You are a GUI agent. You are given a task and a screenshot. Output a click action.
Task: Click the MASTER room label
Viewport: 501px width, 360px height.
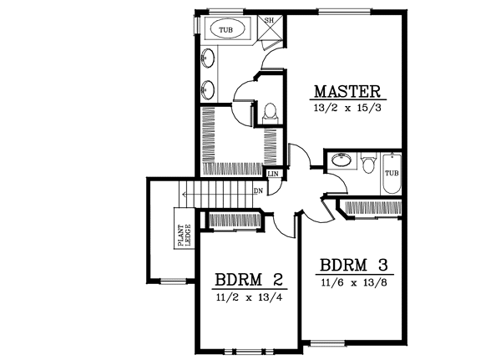pyautogui.click(x=347, y=91)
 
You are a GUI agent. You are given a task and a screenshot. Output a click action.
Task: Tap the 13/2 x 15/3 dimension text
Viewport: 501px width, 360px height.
pyautogui.click(x=347, y=109)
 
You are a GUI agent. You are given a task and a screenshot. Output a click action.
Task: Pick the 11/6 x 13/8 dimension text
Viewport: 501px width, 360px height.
pyautogui.click(x=355, y=284)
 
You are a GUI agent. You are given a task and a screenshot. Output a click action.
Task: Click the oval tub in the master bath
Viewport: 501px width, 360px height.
pyautogui.click(x=226, y=30)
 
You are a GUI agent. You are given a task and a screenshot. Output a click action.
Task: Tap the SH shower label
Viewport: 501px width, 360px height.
pyautogui.click(x=270, y=21)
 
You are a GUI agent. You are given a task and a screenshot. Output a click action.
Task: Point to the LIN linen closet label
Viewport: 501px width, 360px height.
pyautogui.click(x=273, y=174)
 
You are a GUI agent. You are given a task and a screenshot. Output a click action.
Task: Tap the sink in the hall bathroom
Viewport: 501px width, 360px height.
pyautogui.click(x=340, y=160)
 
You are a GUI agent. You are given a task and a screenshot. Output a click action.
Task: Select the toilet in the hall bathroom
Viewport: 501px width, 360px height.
pyautogui.click(x=367, y=162)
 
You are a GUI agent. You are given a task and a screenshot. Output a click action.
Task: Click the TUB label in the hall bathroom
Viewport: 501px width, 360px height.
pyautogui.click(x=392, y=173)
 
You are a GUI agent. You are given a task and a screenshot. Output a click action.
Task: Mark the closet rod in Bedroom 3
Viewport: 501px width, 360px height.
pyautogui.click(x=371, y=206)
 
